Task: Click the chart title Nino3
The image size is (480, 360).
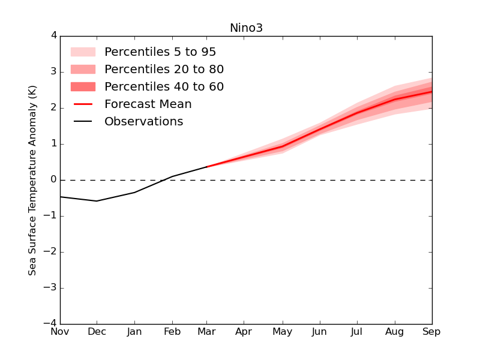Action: tap(246, 28)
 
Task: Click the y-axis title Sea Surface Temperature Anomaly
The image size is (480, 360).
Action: tap(32, 180)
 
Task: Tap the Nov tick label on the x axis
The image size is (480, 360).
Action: tap(60, 332)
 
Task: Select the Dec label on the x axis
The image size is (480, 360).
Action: tap(97, 332)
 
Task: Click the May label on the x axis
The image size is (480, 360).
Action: tap(283, 332)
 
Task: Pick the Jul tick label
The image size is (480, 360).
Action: tap(358, 332)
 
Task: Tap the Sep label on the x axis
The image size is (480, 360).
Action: tap(431, 332)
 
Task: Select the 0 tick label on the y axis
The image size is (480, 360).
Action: tap(54, 180)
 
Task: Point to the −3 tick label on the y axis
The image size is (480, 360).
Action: tap(50, 288)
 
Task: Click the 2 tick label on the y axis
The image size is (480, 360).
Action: tap(54, 108)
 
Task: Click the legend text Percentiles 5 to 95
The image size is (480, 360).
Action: tap(160, 52)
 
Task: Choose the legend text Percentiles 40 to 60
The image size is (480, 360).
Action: tap(164, 87)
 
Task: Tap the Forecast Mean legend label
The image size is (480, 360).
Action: tap(148, 104)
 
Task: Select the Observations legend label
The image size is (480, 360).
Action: tap(144, 122)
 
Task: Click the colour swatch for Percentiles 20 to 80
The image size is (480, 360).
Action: tap(83, 70)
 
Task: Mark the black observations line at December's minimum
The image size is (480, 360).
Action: tap(97, 201)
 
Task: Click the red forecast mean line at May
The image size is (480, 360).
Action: tap(283, 146)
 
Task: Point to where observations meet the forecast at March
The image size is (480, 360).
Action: tap(208, 167)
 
